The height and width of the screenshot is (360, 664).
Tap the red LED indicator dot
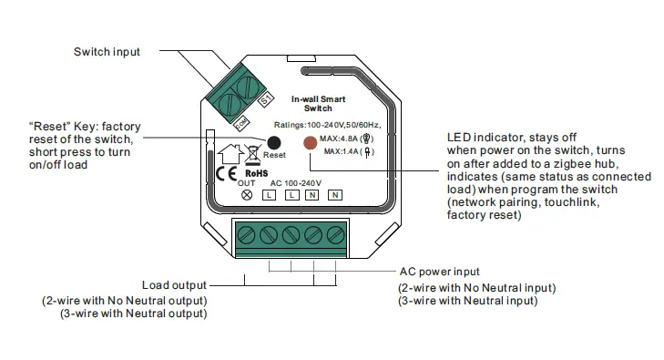click(310, 142)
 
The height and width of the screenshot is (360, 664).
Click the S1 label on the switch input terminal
click(266, 99)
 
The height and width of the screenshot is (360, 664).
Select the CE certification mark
click(225, 173)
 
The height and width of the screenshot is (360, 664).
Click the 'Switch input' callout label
click(107, 52)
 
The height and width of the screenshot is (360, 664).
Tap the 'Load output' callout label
click(174, 284)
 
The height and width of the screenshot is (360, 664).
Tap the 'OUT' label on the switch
click(246, 182)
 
